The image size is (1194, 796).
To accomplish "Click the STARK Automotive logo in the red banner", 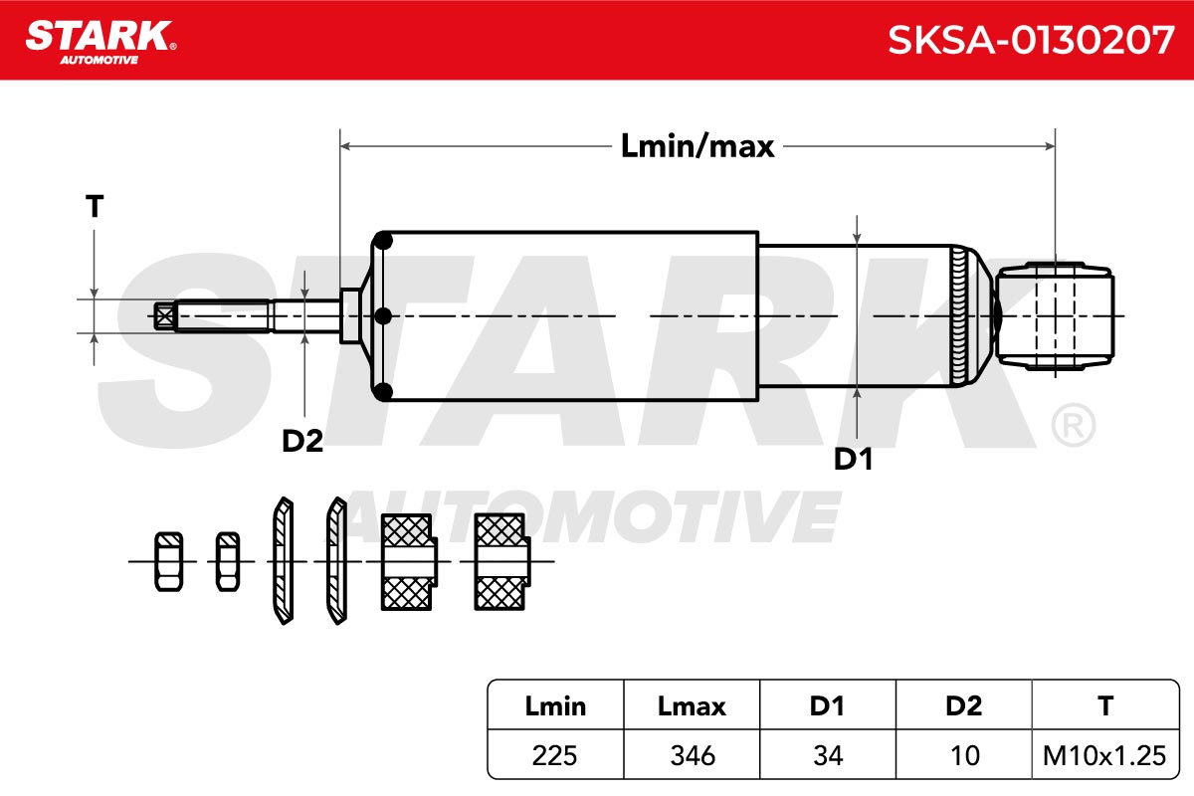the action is click(100, 43).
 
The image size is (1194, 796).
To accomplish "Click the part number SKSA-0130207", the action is click(1031, 40).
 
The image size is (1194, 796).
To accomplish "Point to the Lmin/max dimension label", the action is click(697, 146).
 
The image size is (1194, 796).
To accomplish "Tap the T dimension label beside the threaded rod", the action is click(95, 206).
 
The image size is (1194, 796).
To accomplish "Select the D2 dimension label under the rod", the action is click(302, 441).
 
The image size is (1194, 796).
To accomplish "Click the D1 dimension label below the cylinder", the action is click(853, 459).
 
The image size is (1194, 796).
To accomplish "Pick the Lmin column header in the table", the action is click(555, 706).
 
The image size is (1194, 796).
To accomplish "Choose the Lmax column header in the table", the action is click(692, 706).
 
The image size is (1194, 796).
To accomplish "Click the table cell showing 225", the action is click(554, 755).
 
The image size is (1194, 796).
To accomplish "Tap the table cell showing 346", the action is click(693, 755).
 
